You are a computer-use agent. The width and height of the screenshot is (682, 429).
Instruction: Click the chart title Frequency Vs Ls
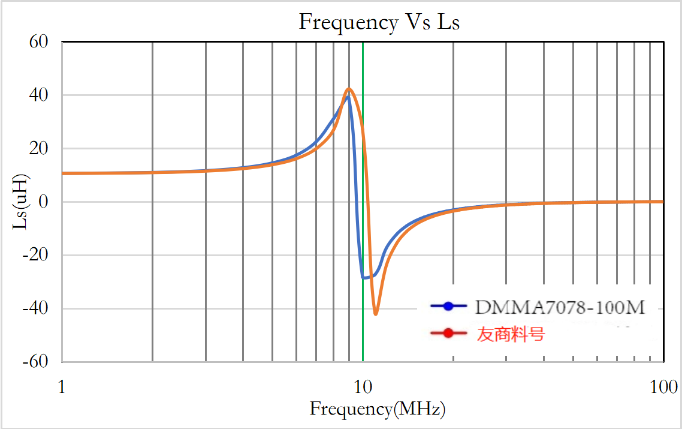(x=379, y=22)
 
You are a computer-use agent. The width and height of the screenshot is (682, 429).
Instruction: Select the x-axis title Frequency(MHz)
(x=378, y=410)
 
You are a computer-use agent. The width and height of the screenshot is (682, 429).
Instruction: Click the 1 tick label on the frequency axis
(x=61, y=387)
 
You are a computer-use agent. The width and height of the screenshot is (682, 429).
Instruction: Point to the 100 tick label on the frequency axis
(x=662, y=387)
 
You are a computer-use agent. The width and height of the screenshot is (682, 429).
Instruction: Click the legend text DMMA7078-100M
(x=560, y=308)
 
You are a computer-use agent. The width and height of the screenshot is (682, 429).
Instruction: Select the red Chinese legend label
(x=511, y=334)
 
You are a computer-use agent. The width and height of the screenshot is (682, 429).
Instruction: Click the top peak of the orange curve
(x=349, y=89)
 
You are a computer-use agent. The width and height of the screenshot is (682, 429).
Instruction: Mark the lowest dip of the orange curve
(x=376, y=314)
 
